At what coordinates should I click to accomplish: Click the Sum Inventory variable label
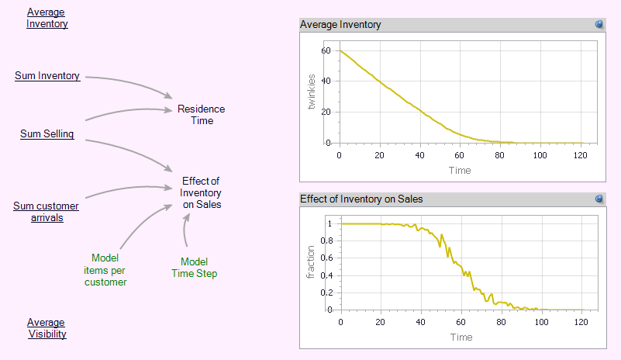(47, 76)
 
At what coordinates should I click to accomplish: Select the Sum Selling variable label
(47, 134)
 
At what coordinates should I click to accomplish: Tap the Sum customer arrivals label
(46, 211)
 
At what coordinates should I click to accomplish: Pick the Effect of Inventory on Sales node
(201, 192)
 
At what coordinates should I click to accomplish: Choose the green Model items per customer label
(105, 270)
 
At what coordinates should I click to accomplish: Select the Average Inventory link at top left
(47, 18)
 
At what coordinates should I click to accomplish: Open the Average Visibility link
(47, 328)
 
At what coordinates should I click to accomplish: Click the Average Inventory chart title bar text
(340, 25)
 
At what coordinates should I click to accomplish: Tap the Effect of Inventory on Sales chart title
(361, 199)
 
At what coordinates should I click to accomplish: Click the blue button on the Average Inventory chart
(599, 25)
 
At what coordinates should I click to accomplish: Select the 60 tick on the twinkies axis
(326, 50)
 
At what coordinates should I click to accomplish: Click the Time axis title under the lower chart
(461, 337)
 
